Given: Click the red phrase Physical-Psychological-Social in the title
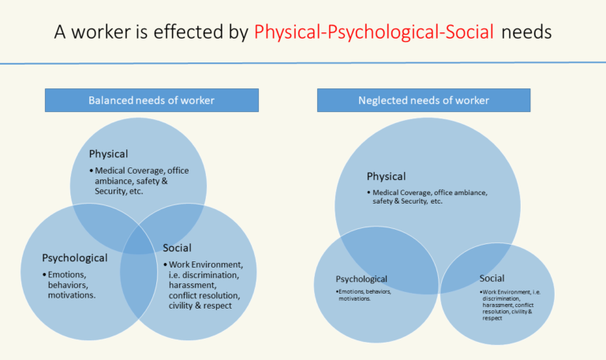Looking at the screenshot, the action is (x=374, y=32).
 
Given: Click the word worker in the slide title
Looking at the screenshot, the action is (x=101, y=32).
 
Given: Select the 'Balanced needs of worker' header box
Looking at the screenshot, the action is (x=151, y=100).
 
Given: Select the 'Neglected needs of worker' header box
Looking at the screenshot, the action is (x=424, y=100).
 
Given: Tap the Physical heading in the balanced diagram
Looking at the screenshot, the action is (x=108, y=154).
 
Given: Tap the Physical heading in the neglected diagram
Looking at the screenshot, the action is (x=386, y=176).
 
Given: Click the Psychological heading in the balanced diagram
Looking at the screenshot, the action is (x=75, y=258).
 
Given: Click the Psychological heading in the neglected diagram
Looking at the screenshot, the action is (x=361, y=279).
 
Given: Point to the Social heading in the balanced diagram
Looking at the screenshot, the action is (x=177, y=248).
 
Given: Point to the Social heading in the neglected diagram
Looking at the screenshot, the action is (x=492, y=278).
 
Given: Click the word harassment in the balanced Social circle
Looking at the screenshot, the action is (x=192, y=285).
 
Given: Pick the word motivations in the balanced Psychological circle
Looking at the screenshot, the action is (x=72, y=295).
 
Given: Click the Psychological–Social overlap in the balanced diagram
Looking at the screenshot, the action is (x=138, y=286).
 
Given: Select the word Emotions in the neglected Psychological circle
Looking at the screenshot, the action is (x=351, y=291).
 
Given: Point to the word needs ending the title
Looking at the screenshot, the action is (x=526, y=32).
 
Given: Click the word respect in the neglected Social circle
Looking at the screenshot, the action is (x=492, y=318).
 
